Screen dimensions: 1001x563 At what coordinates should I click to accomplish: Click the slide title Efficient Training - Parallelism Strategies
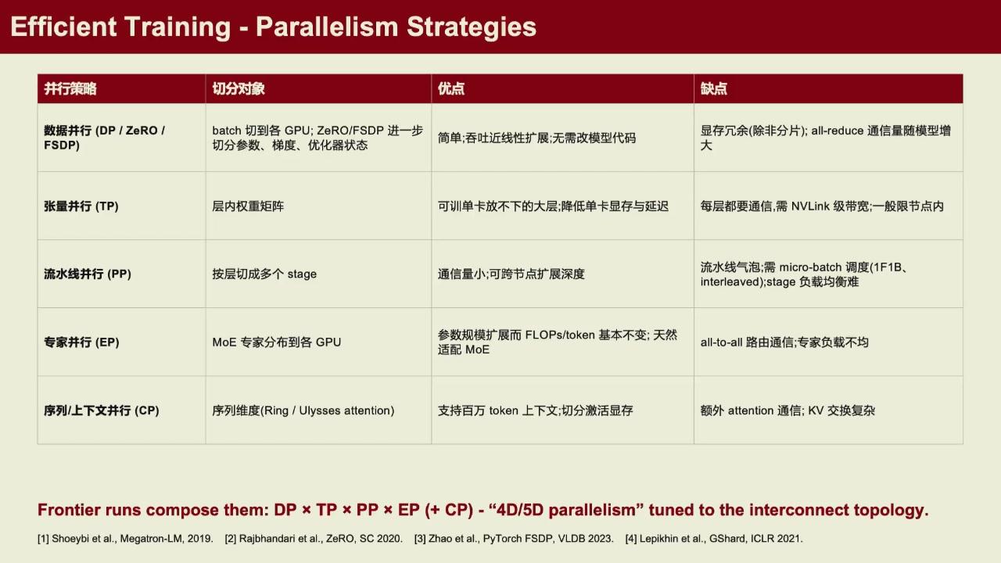coord(274,27)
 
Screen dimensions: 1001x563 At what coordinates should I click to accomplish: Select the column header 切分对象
coord(239,88)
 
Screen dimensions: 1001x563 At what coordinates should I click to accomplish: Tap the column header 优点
coord(451,88)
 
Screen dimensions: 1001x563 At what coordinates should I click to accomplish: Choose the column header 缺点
coord(714,88)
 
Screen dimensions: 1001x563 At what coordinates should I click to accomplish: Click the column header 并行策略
coord(70,88)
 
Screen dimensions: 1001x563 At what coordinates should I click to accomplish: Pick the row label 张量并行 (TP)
coord(81,206)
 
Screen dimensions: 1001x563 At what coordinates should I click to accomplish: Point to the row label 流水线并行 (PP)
coord(87,274)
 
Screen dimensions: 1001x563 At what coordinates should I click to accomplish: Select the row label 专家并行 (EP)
coord(81,342)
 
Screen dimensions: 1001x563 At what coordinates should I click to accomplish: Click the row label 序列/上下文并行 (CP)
coord(102,411)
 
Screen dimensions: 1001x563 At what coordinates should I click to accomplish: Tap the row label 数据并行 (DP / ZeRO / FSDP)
coord(105,138)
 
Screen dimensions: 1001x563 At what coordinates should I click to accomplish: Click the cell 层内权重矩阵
coord(248,206)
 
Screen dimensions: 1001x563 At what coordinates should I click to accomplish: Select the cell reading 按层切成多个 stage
coord(264,274)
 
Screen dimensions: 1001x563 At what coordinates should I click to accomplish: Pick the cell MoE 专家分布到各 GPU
coord(277,342)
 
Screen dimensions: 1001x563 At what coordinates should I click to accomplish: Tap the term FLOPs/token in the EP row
coord(560,335)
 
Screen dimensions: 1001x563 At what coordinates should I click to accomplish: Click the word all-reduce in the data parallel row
coord(837,131)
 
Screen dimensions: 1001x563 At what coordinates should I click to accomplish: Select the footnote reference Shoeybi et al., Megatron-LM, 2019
coord(132,539)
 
